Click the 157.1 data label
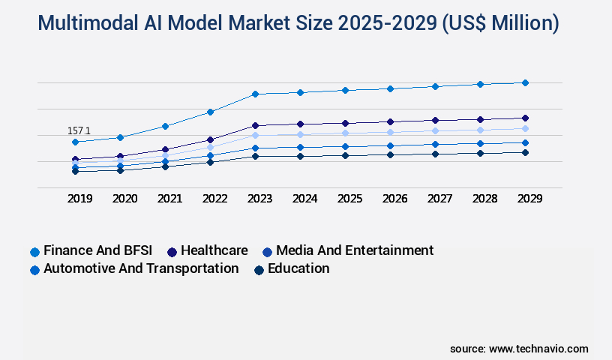click(x=79, y=131)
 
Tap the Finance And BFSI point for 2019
click(x=75, y=142)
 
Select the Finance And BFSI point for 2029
click(x=525, y=82)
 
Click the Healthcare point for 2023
click(x=255, y=125)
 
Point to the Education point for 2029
click(x=525, y=152)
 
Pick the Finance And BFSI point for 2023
click(x=255, y=94)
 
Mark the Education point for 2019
click(x=75, y=171)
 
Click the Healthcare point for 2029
click(x=525, y=118)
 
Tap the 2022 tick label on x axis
click(x=214, y=199)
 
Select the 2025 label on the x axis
click(x=349, y=199)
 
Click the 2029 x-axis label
click(x=529, y=199)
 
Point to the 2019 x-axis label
click(x=79, y=199)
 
